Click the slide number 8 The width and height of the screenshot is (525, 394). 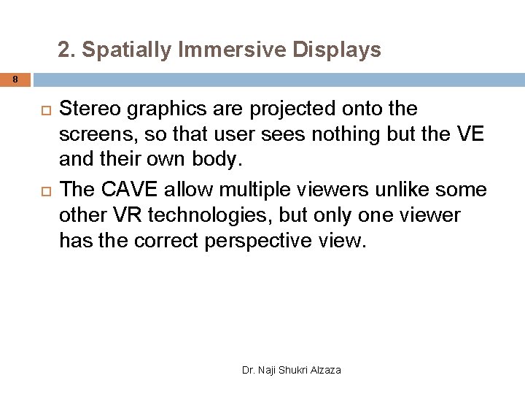(14, 78)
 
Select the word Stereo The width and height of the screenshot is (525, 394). (89, 109)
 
